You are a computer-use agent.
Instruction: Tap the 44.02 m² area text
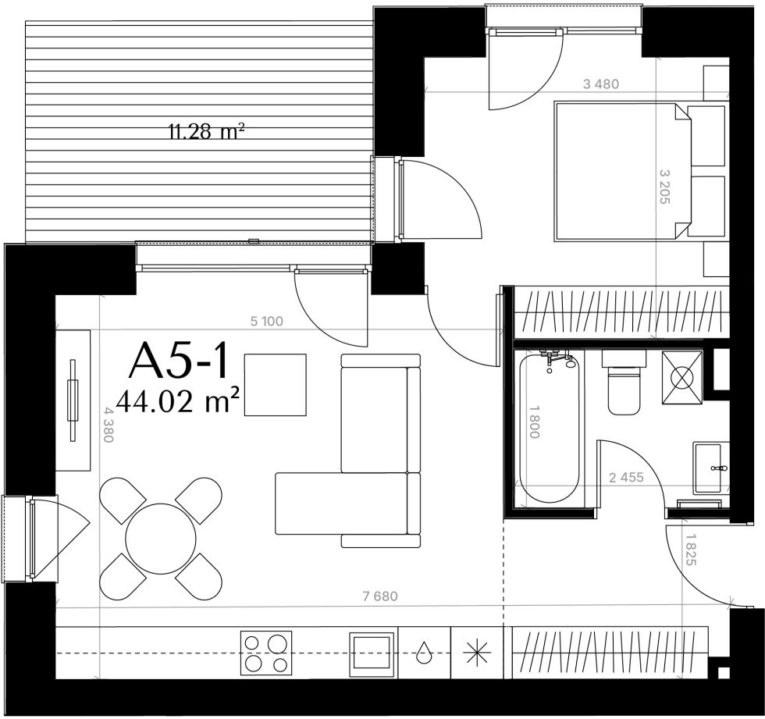click(x=178, y=401)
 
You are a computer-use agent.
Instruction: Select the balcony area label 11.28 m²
click(x=206, y=131)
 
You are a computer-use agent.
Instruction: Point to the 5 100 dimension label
click(x=266, y=321)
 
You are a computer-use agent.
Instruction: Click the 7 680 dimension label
click(x=381, y=596)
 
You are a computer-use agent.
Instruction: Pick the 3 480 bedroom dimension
click(x=601, y=84)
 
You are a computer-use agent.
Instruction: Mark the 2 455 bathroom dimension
click(x=626, y=477)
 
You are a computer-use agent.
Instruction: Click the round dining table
click(x=161, y=539)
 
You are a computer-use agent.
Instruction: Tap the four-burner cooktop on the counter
click(x=266, y=653)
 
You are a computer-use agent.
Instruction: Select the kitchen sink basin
click(x=372, y=653)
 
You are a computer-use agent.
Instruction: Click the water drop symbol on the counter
click(x=424, y=652)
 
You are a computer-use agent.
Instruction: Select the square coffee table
click(x=276, y=385)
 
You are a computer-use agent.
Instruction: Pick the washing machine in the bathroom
click(x=682, y=377)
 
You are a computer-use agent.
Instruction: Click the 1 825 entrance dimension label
click(x=690, y=550)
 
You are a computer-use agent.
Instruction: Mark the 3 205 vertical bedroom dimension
click(x=664, y=187)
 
